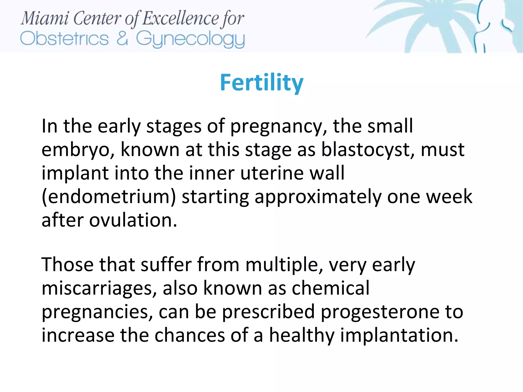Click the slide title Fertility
(x=261, y=82)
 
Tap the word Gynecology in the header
(x=190, y=39)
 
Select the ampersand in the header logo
(x=122, y=38)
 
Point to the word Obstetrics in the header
(x=64, y=39)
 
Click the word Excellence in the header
(x=180, y=18)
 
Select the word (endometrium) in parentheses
(x=109, y=197)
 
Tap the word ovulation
(x=133, y=220)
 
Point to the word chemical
(x=330, y=288)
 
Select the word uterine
(x=272, y=173)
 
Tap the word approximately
(x=318, y=197)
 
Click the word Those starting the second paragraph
(x=67, y=265)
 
